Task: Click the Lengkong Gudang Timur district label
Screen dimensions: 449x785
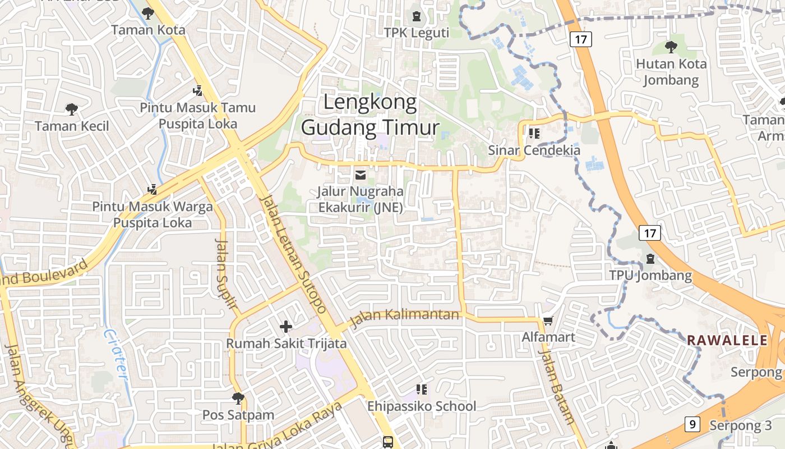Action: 370,115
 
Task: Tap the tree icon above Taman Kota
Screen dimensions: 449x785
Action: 148,13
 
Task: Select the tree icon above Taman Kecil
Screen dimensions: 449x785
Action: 71,109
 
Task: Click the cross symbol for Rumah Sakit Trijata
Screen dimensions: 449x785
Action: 286,326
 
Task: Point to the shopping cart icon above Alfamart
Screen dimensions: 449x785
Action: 548,320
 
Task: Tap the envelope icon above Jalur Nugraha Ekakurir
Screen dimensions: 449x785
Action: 360,175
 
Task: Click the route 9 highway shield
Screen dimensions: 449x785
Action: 692,424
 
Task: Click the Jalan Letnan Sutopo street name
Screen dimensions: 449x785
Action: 294,254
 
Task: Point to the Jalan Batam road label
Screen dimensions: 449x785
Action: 557,387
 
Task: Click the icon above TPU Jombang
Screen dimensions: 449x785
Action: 650,259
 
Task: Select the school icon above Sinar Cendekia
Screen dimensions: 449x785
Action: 533,133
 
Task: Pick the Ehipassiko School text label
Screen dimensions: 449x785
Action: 422,406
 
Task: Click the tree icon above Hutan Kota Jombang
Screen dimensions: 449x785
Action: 671,47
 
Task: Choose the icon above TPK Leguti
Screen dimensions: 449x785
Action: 417,16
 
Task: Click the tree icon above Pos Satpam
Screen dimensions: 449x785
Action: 238,398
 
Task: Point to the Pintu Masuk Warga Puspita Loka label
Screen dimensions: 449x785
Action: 153,214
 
